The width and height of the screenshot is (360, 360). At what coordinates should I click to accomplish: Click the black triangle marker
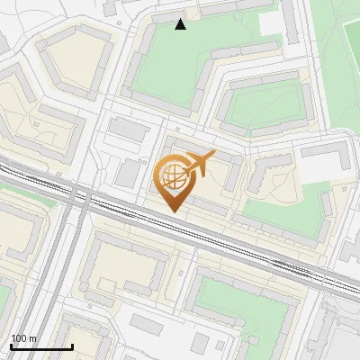[181, 24]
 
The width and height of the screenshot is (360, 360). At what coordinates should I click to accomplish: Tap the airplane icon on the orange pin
[199, 164]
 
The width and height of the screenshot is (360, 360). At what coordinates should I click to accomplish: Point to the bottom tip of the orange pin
[172, 212]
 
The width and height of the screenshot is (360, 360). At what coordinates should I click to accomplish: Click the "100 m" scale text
[24, 338]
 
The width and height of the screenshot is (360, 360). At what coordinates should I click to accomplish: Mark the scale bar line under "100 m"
[41, 346]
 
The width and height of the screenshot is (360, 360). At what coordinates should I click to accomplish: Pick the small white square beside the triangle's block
[271, 22]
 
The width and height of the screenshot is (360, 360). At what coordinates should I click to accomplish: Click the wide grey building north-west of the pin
[129, 130]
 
